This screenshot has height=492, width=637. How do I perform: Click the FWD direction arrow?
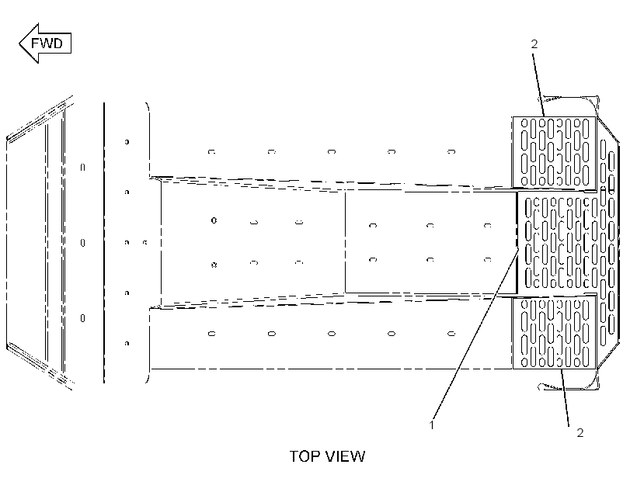click(x=45, y=43)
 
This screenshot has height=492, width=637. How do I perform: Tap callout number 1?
click(x=431, y=425)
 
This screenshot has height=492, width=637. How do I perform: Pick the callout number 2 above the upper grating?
click(x=534, y=43)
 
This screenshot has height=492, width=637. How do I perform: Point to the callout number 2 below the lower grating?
click(x=580, y=433)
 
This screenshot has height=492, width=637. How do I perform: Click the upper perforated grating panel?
click(x=554, y=152)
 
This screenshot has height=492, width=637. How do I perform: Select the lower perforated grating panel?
click(x=554, y=333)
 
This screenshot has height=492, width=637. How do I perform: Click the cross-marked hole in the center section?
click(x=214, y=265)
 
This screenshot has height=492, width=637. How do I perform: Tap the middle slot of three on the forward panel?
click(x=82, y=243)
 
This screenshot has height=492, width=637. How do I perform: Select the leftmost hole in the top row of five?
click(x=211, y=152)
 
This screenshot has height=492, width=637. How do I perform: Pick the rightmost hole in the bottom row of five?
click(x=451, y=334)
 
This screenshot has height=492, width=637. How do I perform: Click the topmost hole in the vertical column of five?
click(x=127, y=142)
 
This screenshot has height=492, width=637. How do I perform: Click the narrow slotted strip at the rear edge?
click(x=607, y=243)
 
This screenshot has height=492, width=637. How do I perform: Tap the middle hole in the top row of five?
click(x=332, y=152)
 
